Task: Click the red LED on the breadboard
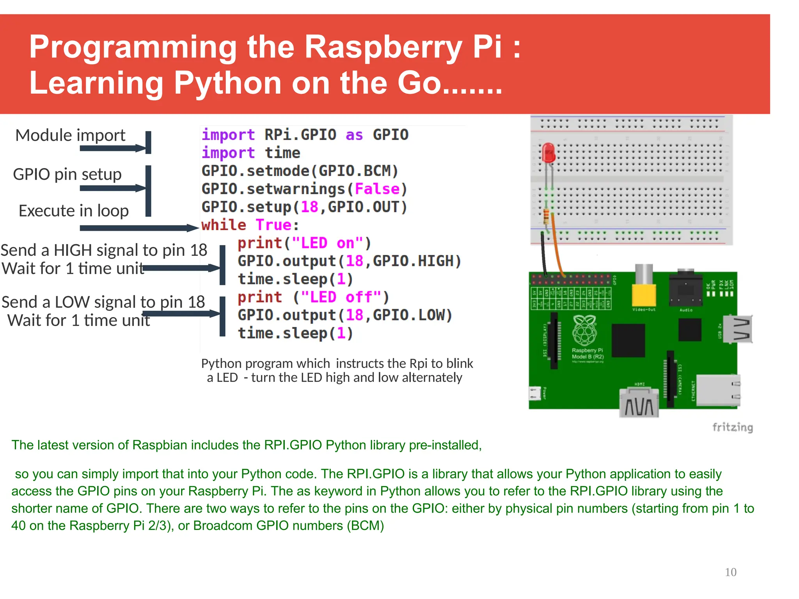tap(549, 152)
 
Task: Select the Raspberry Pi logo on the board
tap(584, 331)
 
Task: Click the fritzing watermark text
tap(732, 427)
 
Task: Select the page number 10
tap(730, 572)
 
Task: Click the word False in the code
tap(377, 189)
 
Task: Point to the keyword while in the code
tap(224, 225)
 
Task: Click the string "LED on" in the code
tap(327, 243)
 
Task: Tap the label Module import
tap(70, 135)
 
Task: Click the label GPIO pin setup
tap(67, 174)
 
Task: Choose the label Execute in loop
tap(73, 211)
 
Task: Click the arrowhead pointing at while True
tap(193, 228)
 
